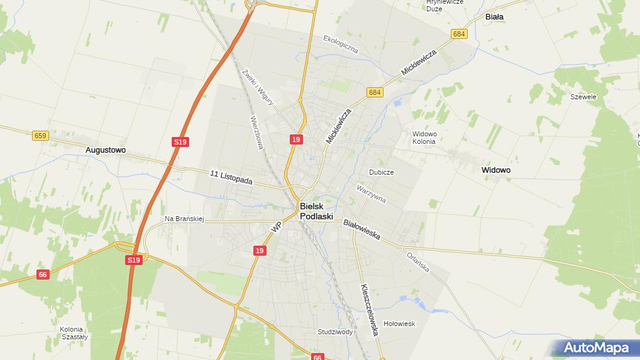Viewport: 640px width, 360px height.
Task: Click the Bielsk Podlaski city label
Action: click(316, 210)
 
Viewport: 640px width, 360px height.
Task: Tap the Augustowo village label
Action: click(106, 150)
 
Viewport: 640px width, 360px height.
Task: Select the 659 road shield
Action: click(40, 135)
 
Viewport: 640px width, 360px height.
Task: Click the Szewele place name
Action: click(583, 97)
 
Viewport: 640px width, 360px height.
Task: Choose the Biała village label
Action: click(494, 17)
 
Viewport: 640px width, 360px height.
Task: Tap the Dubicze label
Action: click(382, 172)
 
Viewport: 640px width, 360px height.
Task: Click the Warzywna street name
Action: click(371, 193)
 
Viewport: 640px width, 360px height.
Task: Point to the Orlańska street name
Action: click(417, 262)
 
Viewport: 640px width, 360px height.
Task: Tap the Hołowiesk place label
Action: click(400, 324)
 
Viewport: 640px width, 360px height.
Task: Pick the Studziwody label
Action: click(335, 332)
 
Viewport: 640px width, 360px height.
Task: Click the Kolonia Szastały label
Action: click(74, 332)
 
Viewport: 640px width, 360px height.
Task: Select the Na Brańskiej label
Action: click(184, 219)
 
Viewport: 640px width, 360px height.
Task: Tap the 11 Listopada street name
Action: click(231, 178)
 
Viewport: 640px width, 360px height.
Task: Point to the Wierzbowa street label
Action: click(257, 132)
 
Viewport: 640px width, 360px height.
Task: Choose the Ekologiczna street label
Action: click(340, 43)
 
